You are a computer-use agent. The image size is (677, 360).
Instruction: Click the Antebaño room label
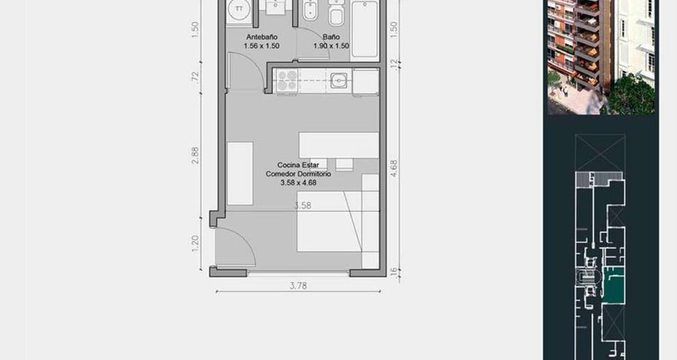262,37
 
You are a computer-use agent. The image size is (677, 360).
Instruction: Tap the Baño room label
331,37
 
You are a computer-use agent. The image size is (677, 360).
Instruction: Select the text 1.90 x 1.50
331,46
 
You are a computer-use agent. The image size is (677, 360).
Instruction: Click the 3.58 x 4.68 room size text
299,182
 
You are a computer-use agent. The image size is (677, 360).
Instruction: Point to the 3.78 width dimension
299,286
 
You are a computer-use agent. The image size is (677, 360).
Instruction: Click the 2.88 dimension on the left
195,155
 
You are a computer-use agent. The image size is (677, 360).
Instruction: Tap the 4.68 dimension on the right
393,168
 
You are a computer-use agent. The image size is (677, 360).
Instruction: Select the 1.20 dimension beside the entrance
195,244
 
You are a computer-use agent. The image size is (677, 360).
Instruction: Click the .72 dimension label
195,78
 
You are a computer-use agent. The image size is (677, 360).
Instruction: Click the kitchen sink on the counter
339,81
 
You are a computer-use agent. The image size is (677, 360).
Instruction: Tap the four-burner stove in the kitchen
287,81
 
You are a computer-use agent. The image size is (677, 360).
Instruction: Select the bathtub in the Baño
365,29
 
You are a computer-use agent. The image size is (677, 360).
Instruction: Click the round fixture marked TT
239,9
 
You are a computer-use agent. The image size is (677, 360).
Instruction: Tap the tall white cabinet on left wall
240,173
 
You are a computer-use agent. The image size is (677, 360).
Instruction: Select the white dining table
339,145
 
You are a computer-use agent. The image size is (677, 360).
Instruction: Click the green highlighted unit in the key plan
614,284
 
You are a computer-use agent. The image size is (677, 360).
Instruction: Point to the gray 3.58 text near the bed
303,205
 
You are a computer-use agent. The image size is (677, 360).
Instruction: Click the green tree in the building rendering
632,95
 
